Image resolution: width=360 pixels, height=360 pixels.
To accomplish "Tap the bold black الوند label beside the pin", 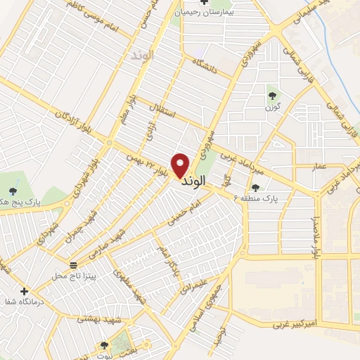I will click(193, 181).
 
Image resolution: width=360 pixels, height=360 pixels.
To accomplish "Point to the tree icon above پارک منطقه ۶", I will click(255, 188).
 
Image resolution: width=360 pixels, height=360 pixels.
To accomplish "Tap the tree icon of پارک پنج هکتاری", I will click(13, 191).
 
